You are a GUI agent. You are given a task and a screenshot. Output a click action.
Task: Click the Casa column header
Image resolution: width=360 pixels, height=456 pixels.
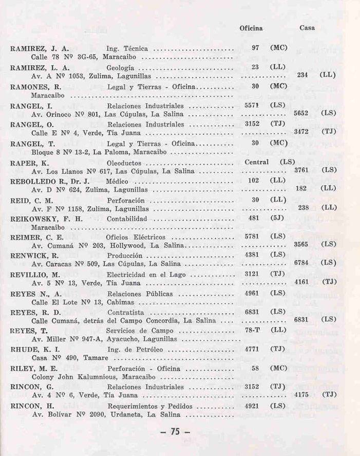click(307, 28)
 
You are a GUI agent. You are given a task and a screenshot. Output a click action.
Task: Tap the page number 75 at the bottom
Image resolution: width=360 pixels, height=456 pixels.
click(175, 432)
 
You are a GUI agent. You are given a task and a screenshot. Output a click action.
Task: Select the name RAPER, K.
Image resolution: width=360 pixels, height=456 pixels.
click(29, 163)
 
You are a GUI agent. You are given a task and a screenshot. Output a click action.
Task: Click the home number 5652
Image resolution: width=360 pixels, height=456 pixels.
click(300, 113)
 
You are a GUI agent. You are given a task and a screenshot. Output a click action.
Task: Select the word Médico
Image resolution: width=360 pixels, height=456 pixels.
click(117, 181)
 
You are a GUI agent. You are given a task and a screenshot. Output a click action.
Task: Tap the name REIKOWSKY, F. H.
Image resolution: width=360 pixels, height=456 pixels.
click(45, 218)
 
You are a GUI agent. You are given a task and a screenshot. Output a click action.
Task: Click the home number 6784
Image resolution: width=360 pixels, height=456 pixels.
click(300, 263)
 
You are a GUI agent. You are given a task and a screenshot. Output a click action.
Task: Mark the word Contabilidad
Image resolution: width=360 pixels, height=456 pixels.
click(128, 218)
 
